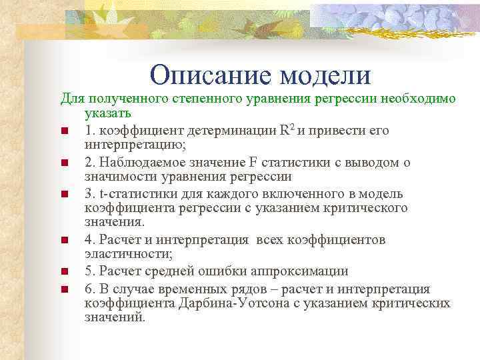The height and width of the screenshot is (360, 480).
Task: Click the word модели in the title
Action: point(325,75)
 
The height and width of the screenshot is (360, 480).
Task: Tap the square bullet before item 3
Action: point(64,195)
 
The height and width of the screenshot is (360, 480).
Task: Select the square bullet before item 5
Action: point(64,272)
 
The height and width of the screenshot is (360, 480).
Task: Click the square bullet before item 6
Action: point(64,289)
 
